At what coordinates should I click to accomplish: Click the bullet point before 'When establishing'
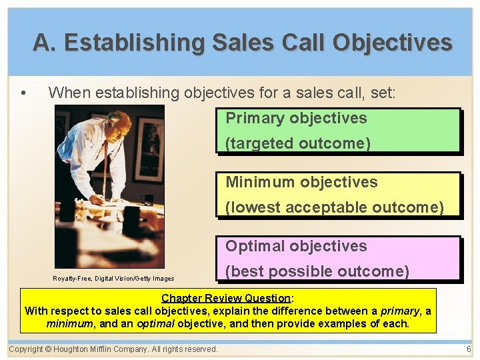tap(24, 93)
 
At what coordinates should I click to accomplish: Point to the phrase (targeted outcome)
tap(298, 143)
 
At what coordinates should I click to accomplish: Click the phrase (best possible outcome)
tap(317, 271)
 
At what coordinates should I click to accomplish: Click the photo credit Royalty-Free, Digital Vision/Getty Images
tap(113, 279)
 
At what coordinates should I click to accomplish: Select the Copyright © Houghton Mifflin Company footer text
tap(113, 349)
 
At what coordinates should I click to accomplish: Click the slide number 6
tap(469, 349)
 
